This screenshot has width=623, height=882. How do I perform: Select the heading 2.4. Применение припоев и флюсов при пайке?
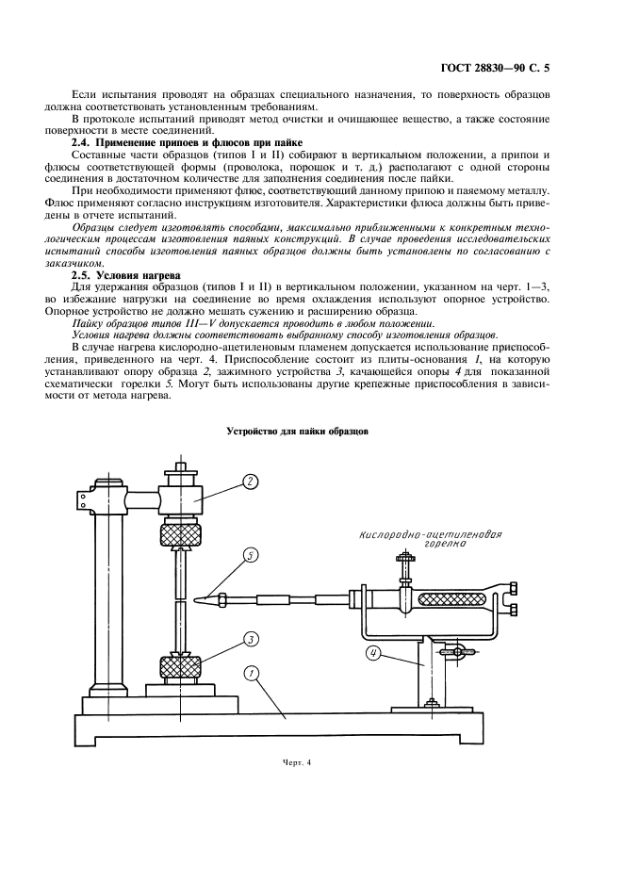pos(188,141)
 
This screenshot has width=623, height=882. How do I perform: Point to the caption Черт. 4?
pos(296,762)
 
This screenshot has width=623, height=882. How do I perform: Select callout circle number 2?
pos(250,481)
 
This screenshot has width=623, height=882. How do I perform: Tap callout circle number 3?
pos(250,639)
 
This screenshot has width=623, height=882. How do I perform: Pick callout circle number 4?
pos(374,652)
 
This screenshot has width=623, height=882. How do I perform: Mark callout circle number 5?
pos(249,555)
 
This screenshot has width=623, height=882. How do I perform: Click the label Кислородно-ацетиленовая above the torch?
pos(429,535)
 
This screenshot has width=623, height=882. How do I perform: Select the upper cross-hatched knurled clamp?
pos(179,537)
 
